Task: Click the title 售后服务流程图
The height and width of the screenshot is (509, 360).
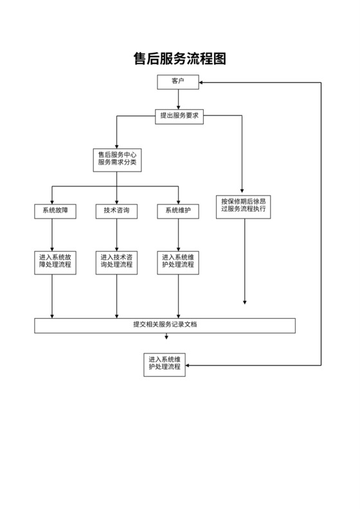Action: click(179, 59)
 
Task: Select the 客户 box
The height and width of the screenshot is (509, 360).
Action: click(178, 82)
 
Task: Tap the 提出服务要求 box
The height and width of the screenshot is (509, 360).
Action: click(179, 116)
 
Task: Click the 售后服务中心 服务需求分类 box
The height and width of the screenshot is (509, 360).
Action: click(116, 159)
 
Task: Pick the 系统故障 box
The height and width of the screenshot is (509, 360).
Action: click(55, 211)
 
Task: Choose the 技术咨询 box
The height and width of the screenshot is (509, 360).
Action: click(116, 211)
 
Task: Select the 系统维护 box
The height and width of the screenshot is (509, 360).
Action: click(178, 211)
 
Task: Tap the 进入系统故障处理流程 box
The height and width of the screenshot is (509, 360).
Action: click(55, 261)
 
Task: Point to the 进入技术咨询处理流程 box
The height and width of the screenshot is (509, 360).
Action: click(116, 261)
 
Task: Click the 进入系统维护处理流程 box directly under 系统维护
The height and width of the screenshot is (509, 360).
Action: click(178, 261)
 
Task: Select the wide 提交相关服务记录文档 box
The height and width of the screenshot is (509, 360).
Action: click(165, 325)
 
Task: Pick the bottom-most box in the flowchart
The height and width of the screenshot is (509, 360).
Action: click(165, 364)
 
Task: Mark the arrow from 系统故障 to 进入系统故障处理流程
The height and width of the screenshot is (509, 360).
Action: click(52, 234)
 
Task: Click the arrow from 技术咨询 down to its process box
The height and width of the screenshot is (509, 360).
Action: click(116, 234)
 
